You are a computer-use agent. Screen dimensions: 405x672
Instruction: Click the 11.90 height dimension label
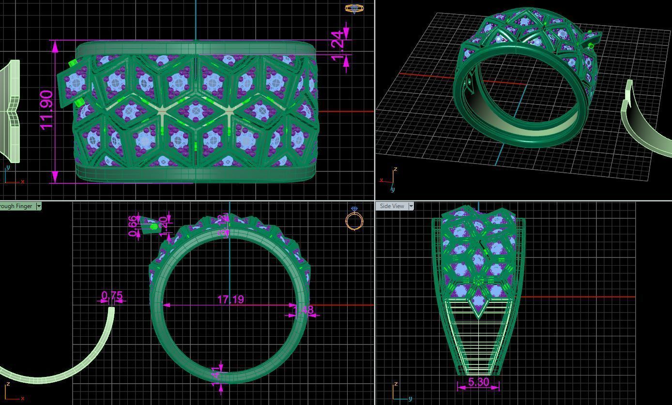pos(46,110)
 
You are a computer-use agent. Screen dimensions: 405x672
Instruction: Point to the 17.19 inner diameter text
pos(230,300)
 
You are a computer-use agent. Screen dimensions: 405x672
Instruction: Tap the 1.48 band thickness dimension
pos(304,309)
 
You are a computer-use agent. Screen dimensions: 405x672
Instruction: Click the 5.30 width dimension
pos(478,382)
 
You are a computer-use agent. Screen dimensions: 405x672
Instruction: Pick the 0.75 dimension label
pos(112,296)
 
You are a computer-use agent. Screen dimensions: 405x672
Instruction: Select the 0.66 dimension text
pos(133,226)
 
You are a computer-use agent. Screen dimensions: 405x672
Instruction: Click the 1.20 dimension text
pos(164,224)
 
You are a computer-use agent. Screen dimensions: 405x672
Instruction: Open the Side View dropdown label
pos(392,206)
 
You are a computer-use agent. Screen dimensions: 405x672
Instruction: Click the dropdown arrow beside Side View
pos(411,206)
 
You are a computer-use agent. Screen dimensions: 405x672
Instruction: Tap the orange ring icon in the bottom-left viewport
pos(354,219)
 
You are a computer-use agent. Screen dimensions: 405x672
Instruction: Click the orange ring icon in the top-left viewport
pos(354,8)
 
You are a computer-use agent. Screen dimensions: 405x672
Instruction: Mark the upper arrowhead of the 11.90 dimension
pos(55,46)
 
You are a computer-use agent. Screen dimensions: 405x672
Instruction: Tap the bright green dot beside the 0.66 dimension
pos(154,226)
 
